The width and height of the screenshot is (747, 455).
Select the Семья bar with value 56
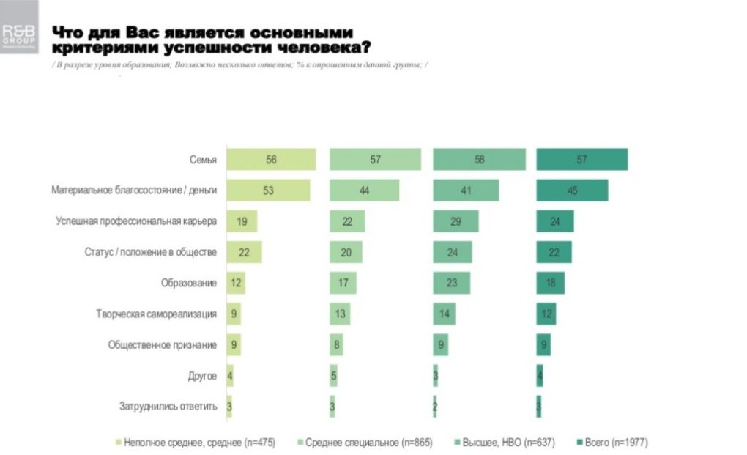(x=271, y=159)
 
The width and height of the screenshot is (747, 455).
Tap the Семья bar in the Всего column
(x=581, y=159)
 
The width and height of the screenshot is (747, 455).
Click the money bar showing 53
(x=268, y=190)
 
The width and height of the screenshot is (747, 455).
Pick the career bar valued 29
(x=456, y=221)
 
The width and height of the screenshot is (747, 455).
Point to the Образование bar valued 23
(x=452, y=283)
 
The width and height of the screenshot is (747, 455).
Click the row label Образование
(x=189, y=283)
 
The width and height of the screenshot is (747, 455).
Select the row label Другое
(x=202, y=376)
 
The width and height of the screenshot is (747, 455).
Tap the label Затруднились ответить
(x=168, y=407)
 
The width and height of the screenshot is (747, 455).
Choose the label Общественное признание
(x=162, y=344)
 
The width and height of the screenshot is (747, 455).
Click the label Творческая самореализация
(x=156, y=314)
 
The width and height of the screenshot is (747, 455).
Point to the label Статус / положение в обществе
(x=151, y=252)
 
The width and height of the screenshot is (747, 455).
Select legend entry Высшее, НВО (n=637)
(x=502, y=443)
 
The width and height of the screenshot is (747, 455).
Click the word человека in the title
(x=319, y=48)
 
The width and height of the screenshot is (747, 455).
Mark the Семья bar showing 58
(x=479, y=159)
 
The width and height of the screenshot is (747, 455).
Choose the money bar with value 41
(x=466, y=190)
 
